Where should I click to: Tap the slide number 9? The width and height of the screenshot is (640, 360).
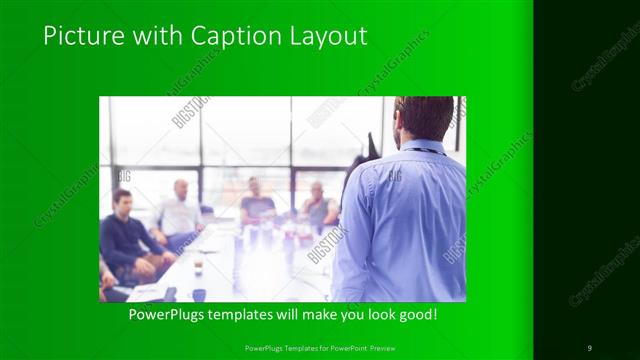[589, 347]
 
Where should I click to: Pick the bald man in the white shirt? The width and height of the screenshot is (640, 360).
[180, 210]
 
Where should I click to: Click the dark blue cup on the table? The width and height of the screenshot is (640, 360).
[199, 295]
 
